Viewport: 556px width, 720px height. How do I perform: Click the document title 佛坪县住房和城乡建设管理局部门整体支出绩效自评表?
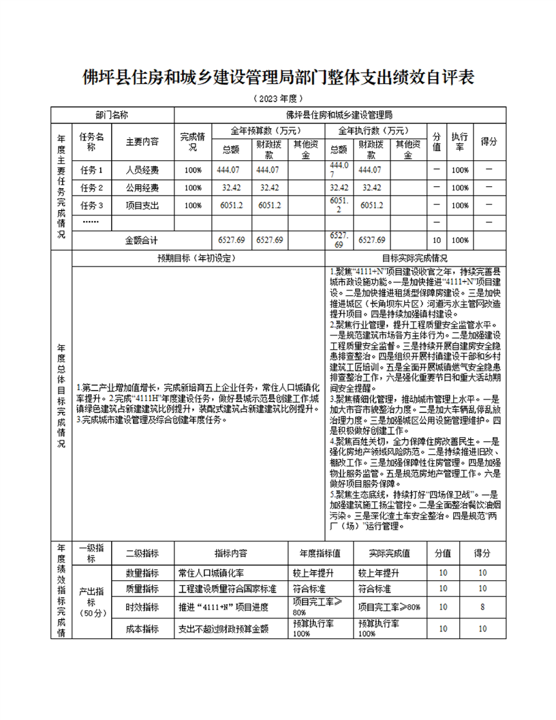[278, 74]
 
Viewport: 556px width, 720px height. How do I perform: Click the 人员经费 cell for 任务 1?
[142, 170]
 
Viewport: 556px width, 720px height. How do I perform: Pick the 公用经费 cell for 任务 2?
[142, 187]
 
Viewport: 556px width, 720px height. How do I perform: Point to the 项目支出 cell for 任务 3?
[142, 205]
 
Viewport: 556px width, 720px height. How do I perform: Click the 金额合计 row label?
[142, 240]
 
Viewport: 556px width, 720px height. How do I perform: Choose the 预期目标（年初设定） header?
[196, 258]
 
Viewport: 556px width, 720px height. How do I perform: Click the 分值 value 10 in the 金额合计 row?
[437, 240]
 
